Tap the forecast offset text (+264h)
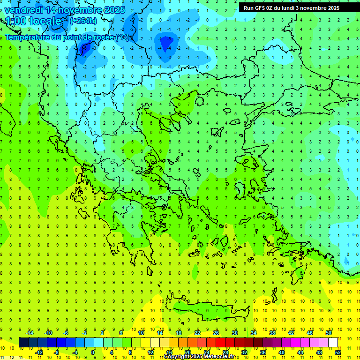click(x=83, y=21)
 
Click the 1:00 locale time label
click(x=33, y=21)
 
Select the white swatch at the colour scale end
click(x=333, y=343)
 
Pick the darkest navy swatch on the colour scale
click(x=23, y=343)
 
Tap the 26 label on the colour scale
click(x=216, y=333)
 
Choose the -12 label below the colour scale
click(x=39, y=352)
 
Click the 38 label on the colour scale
click(x=272, y=333)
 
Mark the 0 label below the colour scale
click(x=93, y=352)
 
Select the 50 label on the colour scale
click(x=329, y=333)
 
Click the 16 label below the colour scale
click(x=169, y=352)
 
